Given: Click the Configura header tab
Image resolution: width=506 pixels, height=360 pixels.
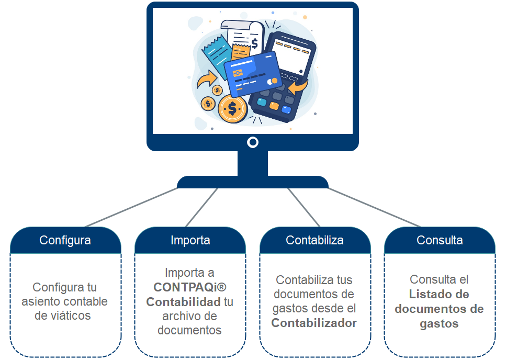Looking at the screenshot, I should click(x=65, y=240).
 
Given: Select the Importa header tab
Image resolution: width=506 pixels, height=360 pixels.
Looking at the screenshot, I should click(x=190, y=240).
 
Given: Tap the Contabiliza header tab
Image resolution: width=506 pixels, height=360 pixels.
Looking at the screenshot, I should click(x=314, y=240).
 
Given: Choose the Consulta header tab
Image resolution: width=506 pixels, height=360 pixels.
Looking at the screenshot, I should click(x=440, y=240).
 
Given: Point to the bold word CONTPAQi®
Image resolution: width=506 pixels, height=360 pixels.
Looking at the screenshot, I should click(x=190, y=287).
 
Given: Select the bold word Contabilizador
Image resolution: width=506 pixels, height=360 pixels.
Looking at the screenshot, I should click(x=314, y=323).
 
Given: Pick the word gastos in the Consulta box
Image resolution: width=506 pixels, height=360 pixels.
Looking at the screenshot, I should click(x=439, y=323).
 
